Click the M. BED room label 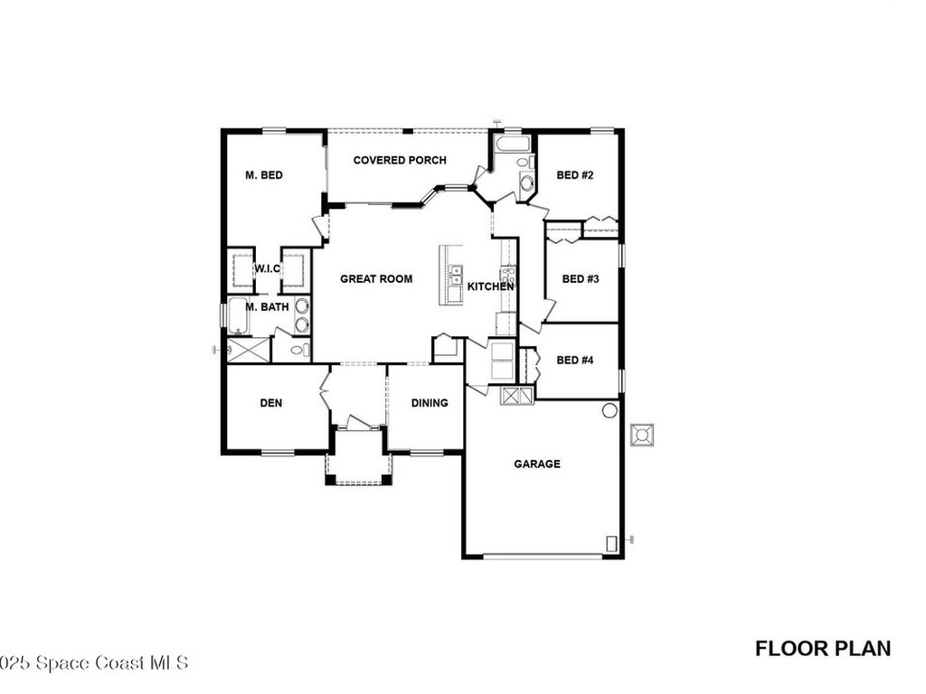point(264,175)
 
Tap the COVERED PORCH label point(400,161)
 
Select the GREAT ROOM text point(376,279)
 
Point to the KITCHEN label point(490,286)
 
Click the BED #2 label point(574,175)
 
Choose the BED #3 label point(581,279)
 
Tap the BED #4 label point(574,360)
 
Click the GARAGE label point(537,464)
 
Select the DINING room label point(430,403)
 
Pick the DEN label point(271,403)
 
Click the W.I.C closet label point(269,268)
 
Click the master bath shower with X point(248,350)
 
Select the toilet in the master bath point(298,350)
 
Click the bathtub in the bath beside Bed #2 point(514,144)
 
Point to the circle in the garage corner point(609,411)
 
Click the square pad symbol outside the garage point(643,435)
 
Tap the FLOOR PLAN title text point(823,648)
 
